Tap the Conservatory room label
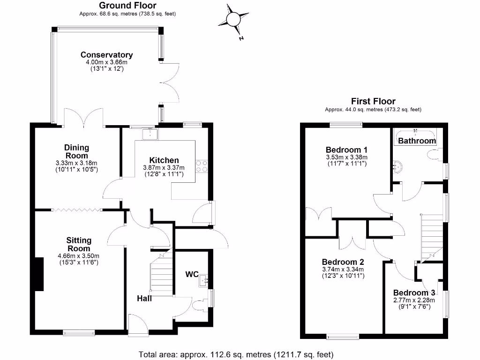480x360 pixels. [106, 55]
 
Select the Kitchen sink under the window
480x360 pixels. [150, 134]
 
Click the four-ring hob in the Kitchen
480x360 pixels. [202, 166]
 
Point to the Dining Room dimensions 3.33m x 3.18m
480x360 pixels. [76, 163]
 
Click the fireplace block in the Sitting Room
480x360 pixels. [38, 274]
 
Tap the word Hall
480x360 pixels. [144, 298]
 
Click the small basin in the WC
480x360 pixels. [204, 281]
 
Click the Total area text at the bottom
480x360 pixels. [236, 354]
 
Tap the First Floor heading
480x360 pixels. [373, 101]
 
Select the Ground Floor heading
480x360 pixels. [127, 6]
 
